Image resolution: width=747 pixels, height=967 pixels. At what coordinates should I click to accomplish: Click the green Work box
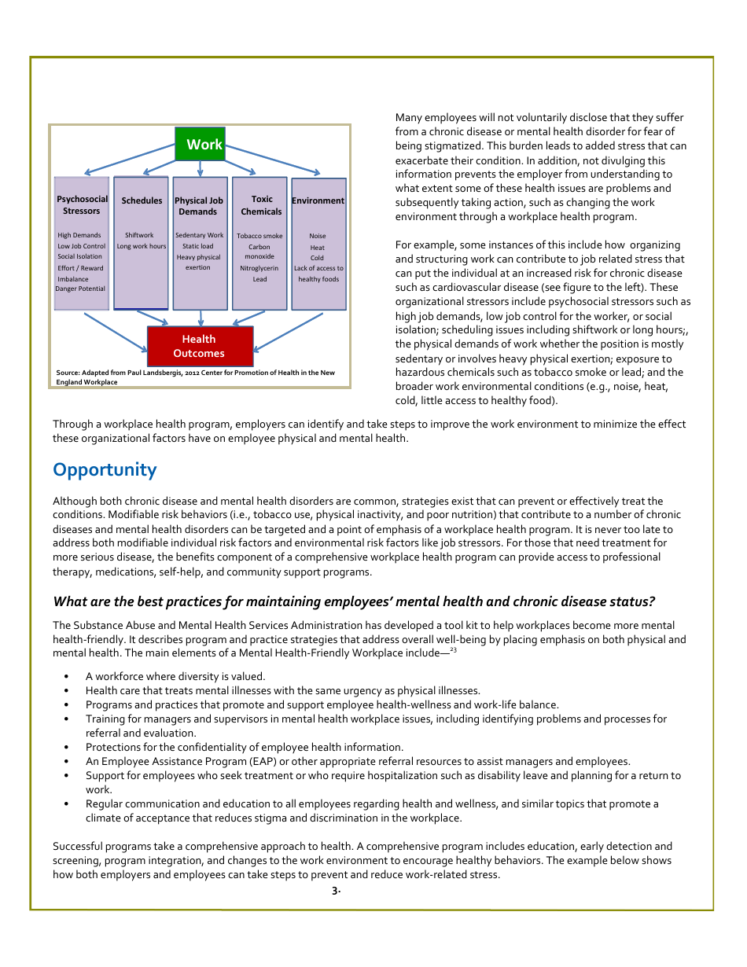(200, 144)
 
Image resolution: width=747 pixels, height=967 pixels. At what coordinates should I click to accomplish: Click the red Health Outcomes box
(200, 346)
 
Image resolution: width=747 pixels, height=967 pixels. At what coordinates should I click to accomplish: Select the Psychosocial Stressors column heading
(82, 205)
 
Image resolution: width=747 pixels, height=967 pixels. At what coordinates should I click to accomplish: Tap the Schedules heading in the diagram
(142, 200)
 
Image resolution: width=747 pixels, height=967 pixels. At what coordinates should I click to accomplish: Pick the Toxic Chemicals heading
(261, 205)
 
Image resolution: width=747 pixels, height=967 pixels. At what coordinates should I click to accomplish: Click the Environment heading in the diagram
(318, 200)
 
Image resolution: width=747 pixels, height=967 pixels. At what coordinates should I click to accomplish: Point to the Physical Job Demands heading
(198, 206)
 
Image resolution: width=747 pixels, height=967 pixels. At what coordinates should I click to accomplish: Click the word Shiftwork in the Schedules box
(139, 235)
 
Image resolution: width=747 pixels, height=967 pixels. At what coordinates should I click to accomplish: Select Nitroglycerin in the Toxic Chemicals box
(259, 268)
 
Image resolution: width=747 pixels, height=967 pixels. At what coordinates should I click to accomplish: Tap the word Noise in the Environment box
(317, 236)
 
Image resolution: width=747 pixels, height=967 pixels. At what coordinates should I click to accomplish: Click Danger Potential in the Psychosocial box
(80, 289)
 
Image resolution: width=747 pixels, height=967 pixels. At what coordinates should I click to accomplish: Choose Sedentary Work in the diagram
(199, 235)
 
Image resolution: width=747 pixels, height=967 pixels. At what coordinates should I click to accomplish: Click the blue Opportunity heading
(105, 469)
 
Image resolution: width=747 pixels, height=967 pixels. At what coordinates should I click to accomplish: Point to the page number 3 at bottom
(335, 891)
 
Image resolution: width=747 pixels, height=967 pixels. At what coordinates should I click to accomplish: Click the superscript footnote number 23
(454, 649)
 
